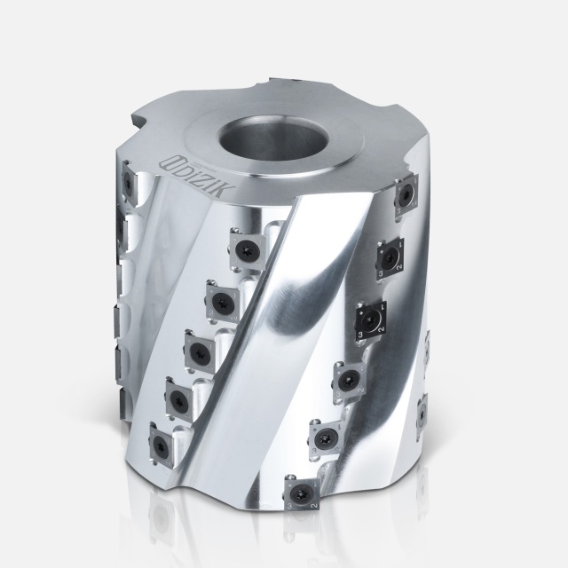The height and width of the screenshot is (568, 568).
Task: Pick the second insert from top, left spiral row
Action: pyautogui.click(x=221, y=297)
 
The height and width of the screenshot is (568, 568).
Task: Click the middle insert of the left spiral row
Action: pyautogui.click(x=198, y=346)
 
